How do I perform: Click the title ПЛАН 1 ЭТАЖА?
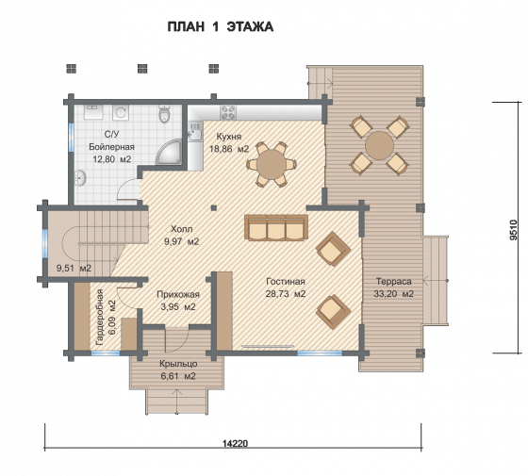[221, 27]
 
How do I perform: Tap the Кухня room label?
[228, 137]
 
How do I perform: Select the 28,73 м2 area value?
[286, 293]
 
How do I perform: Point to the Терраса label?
[394, 281]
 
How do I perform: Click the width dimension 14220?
[235, 443]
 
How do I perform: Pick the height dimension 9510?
[513, 230]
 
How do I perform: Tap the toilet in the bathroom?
[164, 114]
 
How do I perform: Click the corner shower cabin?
[169, 152]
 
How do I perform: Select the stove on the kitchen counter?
[228, 112]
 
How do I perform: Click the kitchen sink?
[194, 131]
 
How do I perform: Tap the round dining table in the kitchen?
[272, 165]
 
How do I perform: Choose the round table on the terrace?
[379, 145]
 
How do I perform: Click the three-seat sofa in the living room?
[276, 227]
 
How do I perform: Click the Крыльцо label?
[178, 364]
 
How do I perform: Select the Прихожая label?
[178, 294]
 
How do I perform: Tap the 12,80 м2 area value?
[112, 159]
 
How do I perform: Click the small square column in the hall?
[213, 207]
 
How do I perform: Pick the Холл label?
[181, 229]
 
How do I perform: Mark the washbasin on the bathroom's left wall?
[80, 177]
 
